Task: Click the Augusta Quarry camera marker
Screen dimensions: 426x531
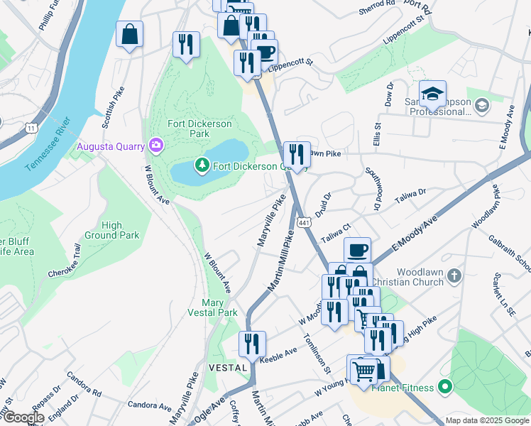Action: (156, 146)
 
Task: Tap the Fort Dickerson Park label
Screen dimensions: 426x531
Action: (199, 129)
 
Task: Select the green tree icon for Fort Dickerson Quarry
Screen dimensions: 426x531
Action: (202, 165)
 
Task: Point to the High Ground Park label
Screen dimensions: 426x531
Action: (111, 230)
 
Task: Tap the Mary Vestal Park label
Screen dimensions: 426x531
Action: (213, 307)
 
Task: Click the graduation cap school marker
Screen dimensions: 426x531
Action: (432, 94)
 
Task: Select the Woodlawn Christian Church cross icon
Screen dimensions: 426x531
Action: (454, 275)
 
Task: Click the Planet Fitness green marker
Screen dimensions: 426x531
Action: (445, 388)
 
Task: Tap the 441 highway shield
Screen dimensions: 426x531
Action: (303, 223)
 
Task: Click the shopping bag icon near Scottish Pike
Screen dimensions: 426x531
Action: (130, 35)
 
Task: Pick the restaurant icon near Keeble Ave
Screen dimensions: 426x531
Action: (252, 345)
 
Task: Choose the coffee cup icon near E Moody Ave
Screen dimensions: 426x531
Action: (358, 250)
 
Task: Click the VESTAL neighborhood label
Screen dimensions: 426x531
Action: (228, 368)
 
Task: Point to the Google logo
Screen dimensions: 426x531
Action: (23, 417)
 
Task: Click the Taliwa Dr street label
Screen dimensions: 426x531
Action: (410, 192)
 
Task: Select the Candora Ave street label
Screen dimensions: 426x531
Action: (150, 405)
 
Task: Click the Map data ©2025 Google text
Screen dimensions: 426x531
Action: (487, 420)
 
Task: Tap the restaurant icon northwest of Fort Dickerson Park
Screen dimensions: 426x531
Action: (186, 45)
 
